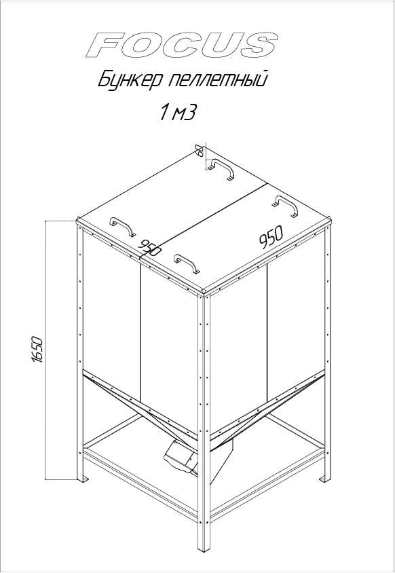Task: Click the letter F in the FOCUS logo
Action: (106, 45)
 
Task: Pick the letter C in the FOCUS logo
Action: (187, 45)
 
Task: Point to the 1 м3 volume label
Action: (177, 113)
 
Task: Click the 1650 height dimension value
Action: (37, 350)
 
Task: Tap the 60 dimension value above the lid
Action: (200, 150)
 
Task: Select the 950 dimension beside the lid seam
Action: (151, 248)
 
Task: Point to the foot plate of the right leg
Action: (324, 479)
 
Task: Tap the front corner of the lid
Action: (204, 291)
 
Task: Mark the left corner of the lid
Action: (77, 220)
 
